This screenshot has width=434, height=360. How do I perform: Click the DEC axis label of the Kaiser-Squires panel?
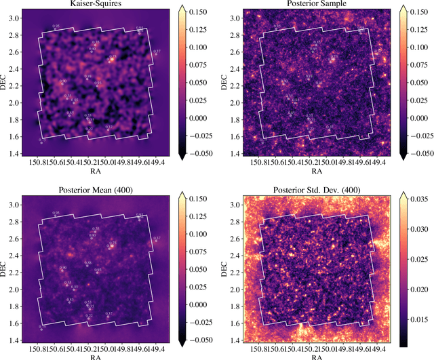click(x=5, y=82)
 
